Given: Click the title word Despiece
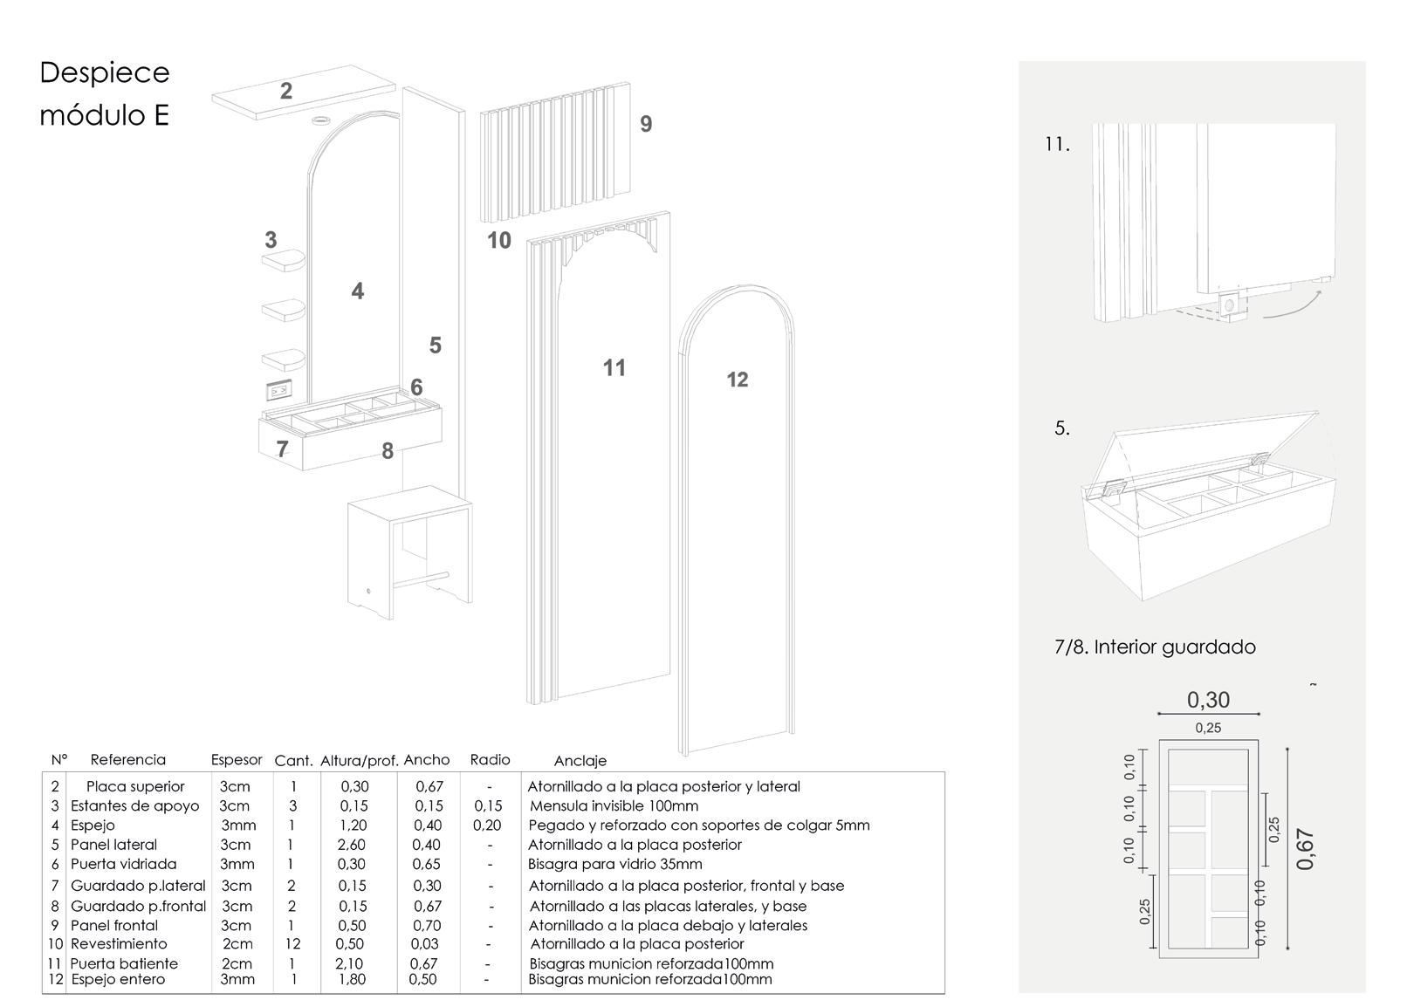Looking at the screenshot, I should coord(105,72).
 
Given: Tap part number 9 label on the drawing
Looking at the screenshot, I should coord(646,124).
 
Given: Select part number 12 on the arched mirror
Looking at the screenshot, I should coord(738,380).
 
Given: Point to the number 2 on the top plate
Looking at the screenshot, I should coord(286,91).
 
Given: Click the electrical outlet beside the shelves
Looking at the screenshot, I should coord(278,390).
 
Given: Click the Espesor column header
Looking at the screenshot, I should coord(237,760).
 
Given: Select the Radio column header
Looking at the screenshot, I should coord(490,760).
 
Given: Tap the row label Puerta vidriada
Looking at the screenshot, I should coord(123,864).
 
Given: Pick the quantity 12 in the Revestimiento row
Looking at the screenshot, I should coord(292,943).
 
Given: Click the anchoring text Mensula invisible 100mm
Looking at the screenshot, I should coord(614,805).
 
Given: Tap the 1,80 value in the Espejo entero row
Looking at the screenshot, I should coord(353,979).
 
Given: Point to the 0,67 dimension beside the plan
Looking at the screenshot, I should coord(1306,849).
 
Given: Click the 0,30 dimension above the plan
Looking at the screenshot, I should coord(1208,700).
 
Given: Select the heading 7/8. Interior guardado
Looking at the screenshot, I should coord(1155,647).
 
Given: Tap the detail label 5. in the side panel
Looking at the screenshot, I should coord(1062,428).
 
